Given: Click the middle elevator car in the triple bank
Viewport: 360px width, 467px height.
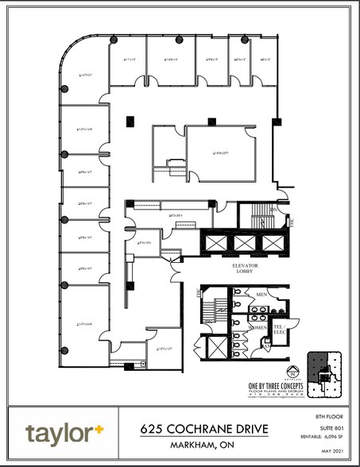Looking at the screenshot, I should [242, 241].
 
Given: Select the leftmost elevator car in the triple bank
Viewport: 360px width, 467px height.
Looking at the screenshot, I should [215, 241].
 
